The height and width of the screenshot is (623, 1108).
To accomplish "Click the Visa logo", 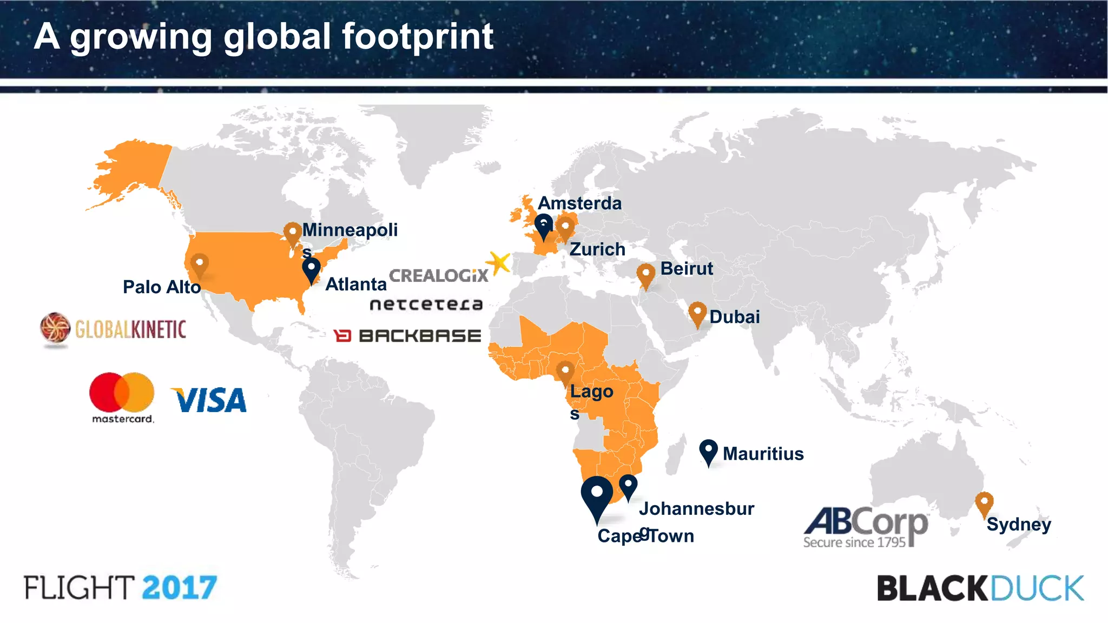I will pos(209,400).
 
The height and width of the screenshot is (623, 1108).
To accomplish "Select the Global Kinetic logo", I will pos(114,329).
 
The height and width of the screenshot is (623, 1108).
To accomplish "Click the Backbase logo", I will pos(407,336).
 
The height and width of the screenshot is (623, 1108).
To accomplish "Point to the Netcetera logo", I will pos(426,304).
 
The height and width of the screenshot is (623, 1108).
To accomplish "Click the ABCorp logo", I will pos(866,526).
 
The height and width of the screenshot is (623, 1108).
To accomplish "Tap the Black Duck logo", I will pos(980,588).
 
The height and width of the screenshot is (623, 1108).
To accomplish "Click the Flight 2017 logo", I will pos(121,588).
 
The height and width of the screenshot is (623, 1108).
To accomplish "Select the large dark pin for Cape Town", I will pos(597,495).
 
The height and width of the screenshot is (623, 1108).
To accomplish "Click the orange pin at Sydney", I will pos(984,502).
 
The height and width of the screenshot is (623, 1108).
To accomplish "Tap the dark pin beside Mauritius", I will pos(708,451).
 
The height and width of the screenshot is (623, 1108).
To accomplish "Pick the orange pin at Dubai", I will pos(697,313).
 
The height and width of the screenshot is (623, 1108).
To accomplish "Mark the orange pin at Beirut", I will pos(645,275).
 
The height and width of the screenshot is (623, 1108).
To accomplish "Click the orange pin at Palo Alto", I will pos(200,265).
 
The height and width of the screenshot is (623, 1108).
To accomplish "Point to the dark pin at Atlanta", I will pos(311,269).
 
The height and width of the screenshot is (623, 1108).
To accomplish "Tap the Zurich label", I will pos(597,249).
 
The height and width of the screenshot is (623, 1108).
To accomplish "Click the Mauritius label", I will pos(763,454).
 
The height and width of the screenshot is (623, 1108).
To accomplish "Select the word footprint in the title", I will pos(418,37).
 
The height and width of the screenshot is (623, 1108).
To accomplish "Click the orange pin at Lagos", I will pos(565,372).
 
